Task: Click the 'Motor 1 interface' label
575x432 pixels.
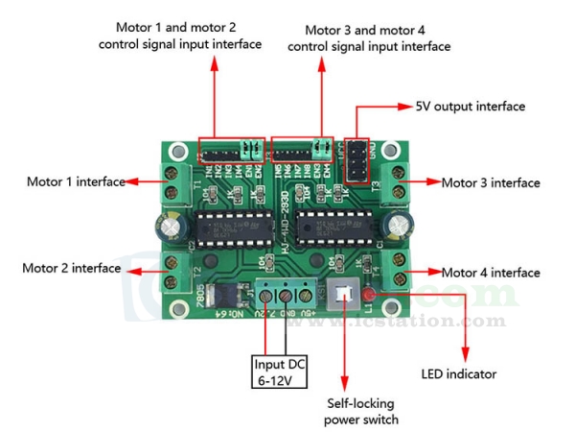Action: pos(75,181)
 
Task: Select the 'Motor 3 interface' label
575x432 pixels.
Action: pos(490,182)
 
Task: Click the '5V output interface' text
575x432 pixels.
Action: pos(470,107)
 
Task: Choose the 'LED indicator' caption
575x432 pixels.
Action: pos(459,373)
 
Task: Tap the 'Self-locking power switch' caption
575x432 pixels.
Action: pos(359,412)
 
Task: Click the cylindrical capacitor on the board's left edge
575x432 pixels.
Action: pos(171,228)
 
